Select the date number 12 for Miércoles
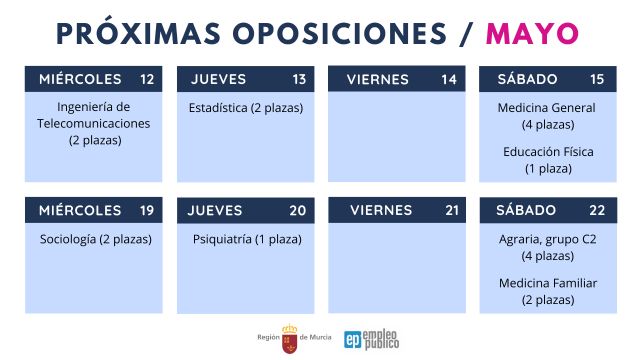tap(148, 79)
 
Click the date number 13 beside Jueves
tap(299, 79)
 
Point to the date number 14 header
tap(449, 79)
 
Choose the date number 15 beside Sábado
tap(598, 79)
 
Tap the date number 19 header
tap(148, 210)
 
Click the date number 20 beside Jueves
tap(298, 210)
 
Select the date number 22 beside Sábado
tap(598, 210)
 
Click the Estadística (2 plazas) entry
tap(245, 108)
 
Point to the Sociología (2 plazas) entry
tap(95, 240)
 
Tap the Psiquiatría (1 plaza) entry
tap(247, 240)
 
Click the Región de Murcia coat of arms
tap(290, 337)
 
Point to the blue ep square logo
tap(353, 338)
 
